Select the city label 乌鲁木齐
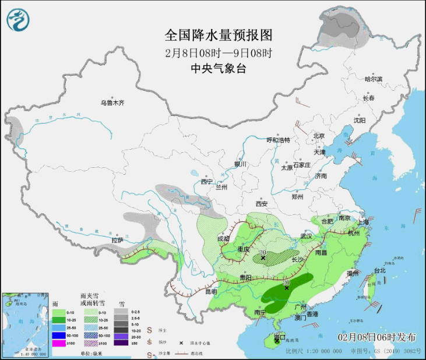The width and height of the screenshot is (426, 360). click(x=112, y=103)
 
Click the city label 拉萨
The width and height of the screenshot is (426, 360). click(x=118, y=240)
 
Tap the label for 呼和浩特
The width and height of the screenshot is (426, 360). click(x=278, y=140)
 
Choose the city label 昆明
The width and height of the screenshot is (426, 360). click(x=210, y=291)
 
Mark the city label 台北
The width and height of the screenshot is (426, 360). click(x=379, y=270)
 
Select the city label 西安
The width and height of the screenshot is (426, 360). click(x=260, y=204)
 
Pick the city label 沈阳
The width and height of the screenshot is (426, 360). click(x=359, y=121)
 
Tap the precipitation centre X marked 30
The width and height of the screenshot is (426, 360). click(x=286, y=287)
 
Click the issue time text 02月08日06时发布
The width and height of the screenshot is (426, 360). click(x=377, y=337)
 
